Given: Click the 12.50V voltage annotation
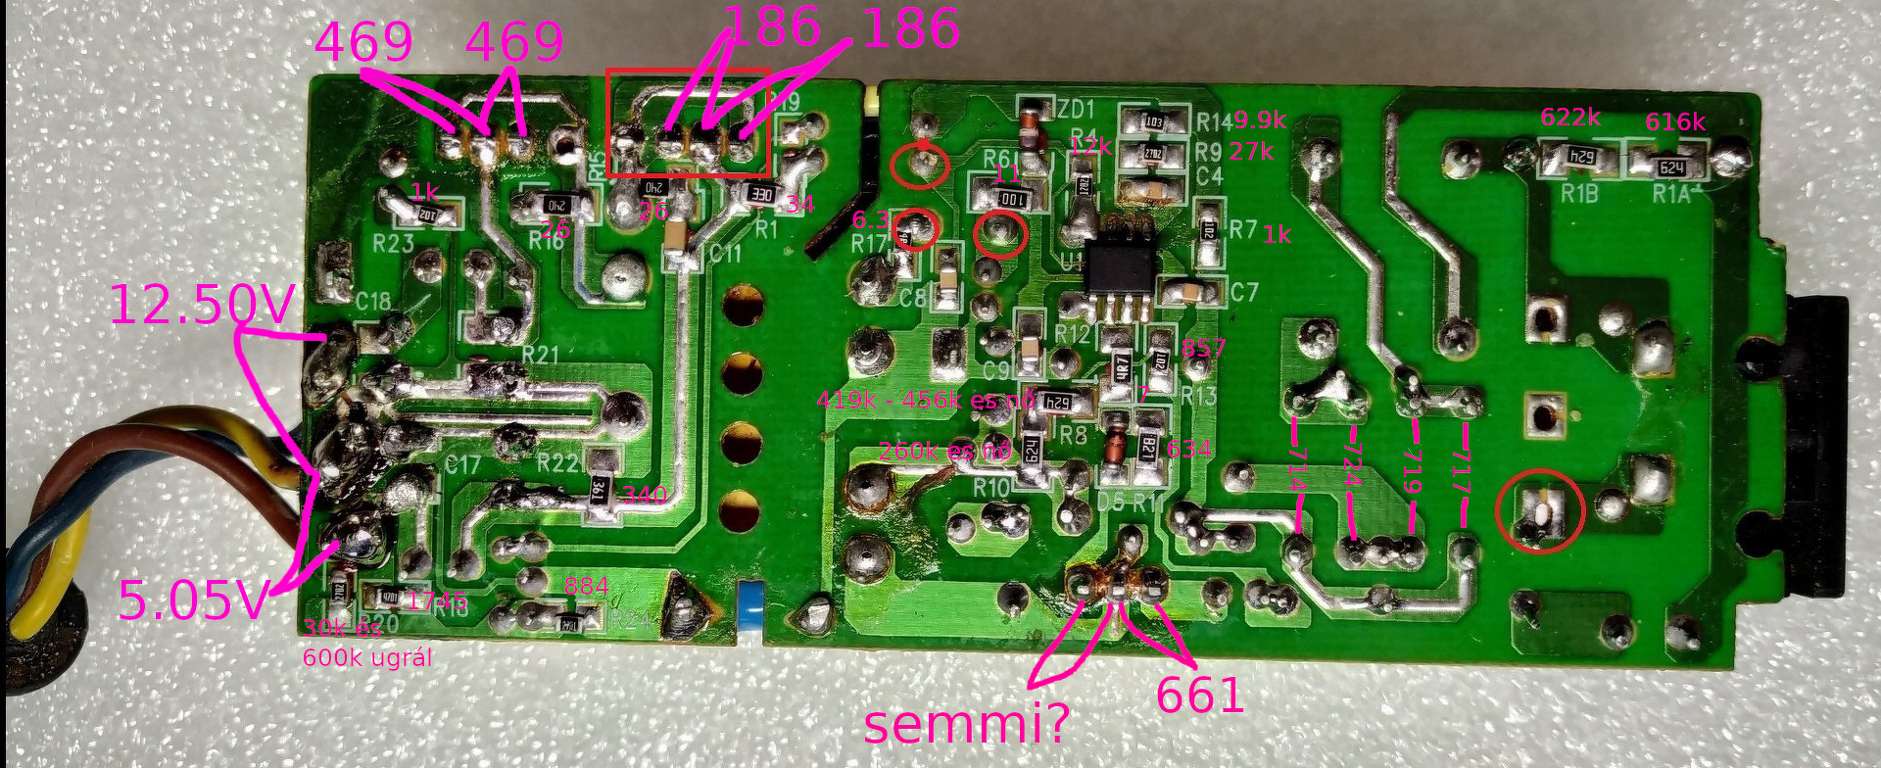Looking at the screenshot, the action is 201,305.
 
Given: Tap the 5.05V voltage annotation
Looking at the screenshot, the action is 192,600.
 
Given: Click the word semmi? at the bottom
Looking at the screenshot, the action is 966,725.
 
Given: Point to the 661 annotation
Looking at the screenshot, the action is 1199,696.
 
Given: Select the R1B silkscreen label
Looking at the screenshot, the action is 1579,194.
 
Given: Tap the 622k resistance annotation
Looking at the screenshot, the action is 1570,118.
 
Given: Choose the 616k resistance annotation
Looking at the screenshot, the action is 1674,122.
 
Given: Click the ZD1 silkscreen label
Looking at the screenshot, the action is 1076,109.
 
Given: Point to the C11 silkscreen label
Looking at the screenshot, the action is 725,254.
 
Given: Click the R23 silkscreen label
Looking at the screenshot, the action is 393,242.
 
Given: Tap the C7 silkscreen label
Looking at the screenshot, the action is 1243,292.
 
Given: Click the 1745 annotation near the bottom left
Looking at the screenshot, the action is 436,600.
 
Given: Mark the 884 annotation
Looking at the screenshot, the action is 586,587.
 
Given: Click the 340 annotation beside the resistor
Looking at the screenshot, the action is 645,495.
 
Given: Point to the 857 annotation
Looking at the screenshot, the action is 1203,348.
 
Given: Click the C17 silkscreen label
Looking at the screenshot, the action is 462,463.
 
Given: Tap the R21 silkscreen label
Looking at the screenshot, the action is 540,354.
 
